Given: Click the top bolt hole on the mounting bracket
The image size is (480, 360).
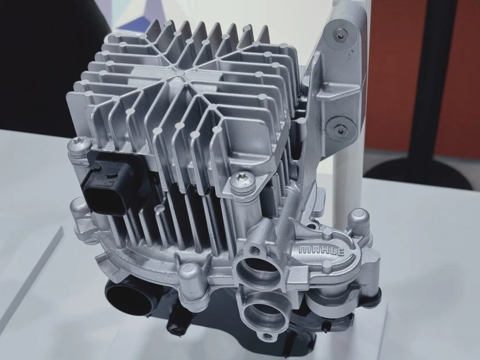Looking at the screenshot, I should (x=341, y=36).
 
